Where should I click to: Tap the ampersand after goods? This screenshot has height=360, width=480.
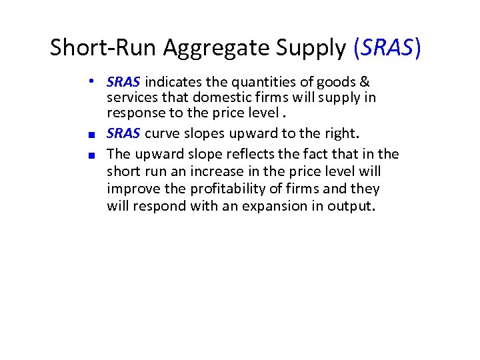[x=365, y=82]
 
